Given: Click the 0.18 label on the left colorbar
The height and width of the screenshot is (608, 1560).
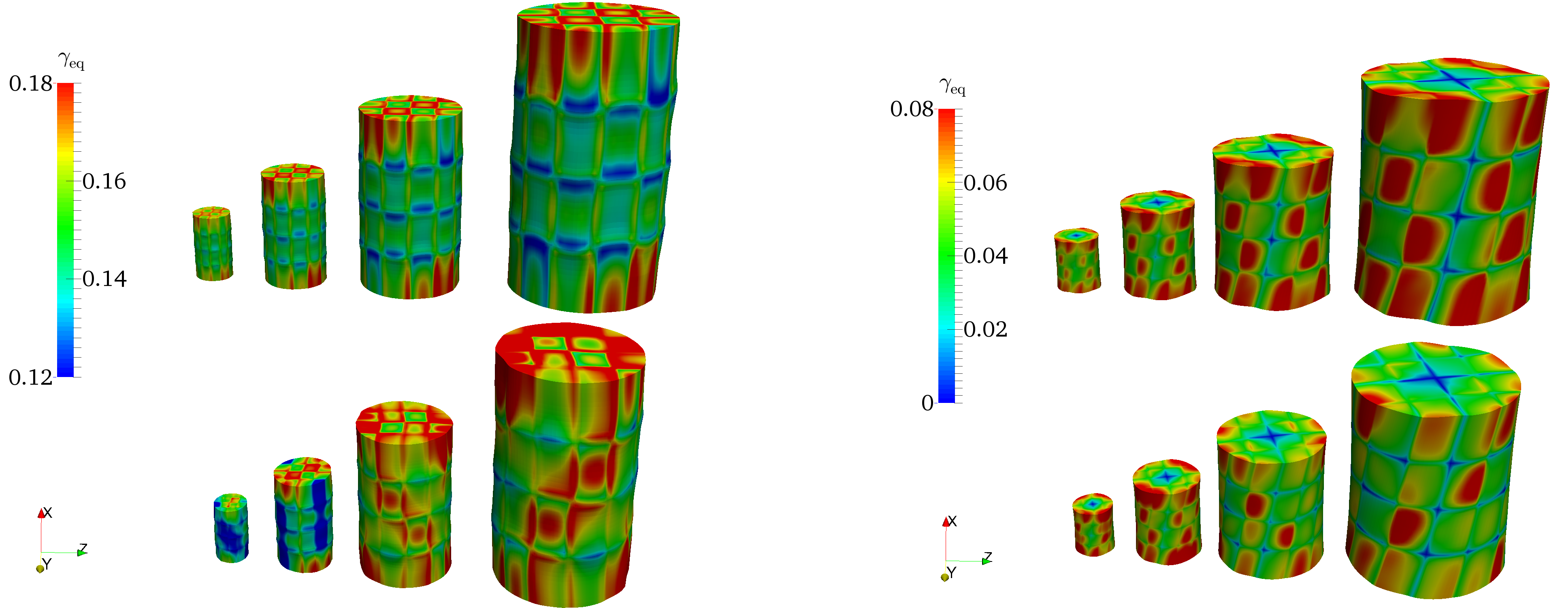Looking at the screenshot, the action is pyautogui.click(x=30, y=83).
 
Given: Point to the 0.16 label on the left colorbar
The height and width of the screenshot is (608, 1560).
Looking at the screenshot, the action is pyautogui.click(x=104, y=181).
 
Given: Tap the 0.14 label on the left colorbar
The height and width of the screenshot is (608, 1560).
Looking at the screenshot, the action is pyautogui.click(x=104, y=279).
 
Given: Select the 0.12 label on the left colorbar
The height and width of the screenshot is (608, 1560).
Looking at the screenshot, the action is pyautogui.click(x=30, y=377).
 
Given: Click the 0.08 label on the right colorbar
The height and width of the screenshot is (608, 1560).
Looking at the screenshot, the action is pyautogui.click(x=911, y=110).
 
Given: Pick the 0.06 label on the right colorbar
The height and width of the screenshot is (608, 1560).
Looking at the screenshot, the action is pyautogui.click(x=985, y=183).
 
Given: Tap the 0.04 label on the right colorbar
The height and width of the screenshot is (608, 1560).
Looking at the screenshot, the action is pyautogui.click(x=985, y=256).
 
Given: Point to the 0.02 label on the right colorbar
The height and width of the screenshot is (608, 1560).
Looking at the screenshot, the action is pyautogui.click(x=985, y=329).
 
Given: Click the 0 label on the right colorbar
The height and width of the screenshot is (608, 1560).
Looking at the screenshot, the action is pyautogui.click(x=927, y=403).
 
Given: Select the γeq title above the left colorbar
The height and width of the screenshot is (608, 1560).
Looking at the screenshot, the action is pyautogui.click(x=71, y=61).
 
